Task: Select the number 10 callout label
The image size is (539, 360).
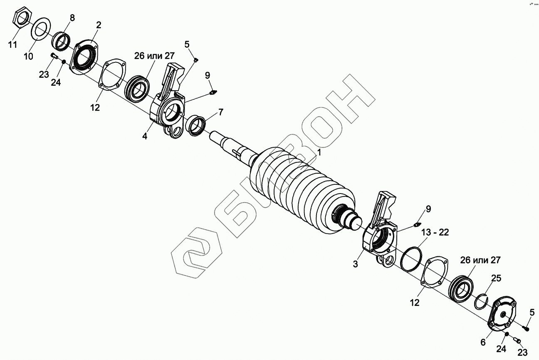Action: point(28,56)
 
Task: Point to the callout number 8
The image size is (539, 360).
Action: point(72,17)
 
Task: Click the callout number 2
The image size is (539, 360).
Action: point(99,25)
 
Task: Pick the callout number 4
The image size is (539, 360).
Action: point(145,136)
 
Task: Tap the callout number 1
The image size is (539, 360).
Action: point(319,153)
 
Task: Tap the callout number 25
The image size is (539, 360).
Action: point(496,278)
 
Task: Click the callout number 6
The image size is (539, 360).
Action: point(483,342)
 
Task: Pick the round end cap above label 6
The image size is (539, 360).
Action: point(503,315)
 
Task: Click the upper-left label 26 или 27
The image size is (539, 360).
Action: point(154,56)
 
